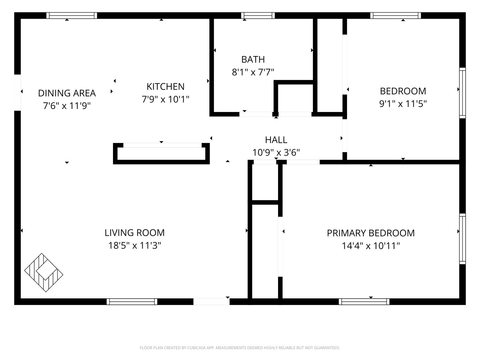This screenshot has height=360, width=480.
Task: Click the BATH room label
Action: coord(253,59)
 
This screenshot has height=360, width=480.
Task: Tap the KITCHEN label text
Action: coord(166,87)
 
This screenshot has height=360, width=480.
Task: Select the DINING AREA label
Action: coord(67,93)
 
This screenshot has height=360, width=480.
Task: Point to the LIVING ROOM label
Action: coord(134,233)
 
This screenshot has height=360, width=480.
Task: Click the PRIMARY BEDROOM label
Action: coord(371,233)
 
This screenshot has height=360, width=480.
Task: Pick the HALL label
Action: coord(276,140)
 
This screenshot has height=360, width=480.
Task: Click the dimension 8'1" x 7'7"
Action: coord(253,72)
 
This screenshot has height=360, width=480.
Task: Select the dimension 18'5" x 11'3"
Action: coord(135,245)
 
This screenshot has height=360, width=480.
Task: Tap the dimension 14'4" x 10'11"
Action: coord(371,246)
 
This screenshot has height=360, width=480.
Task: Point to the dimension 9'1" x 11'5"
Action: coord(403,104)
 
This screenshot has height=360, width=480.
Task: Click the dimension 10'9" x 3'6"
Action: coord(276,152)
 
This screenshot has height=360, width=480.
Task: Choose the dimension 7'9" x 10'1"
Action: coord(166,99)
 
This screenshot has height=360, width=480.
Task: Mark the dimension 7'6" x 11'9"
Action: coord(67,106)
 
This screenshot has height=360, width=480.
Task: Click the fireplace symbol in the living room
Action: coord(44,273)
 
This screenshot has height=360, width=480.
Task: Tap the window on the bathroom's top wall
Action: coord(258,16)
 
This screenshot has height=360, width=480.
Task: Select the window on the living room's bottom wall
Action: coord(132,302)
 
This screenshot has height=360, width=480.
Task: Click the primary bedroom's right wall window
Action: coord(463,239)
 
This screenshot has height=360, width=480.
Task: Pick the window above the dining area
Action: coord(72,16)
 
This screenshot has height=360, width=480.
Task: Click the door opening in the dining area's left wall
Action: coord(17,92)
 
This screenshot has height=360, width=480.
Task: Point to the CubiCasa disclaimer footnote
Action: coord(240,348)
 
